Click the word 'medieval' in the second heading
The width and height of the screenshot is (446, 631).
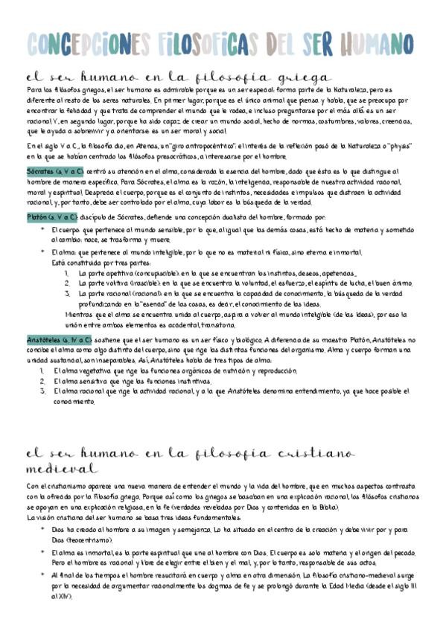pos(60,469)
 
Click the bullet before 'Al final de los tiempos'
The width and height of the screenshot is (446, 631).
pos(43,574)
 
